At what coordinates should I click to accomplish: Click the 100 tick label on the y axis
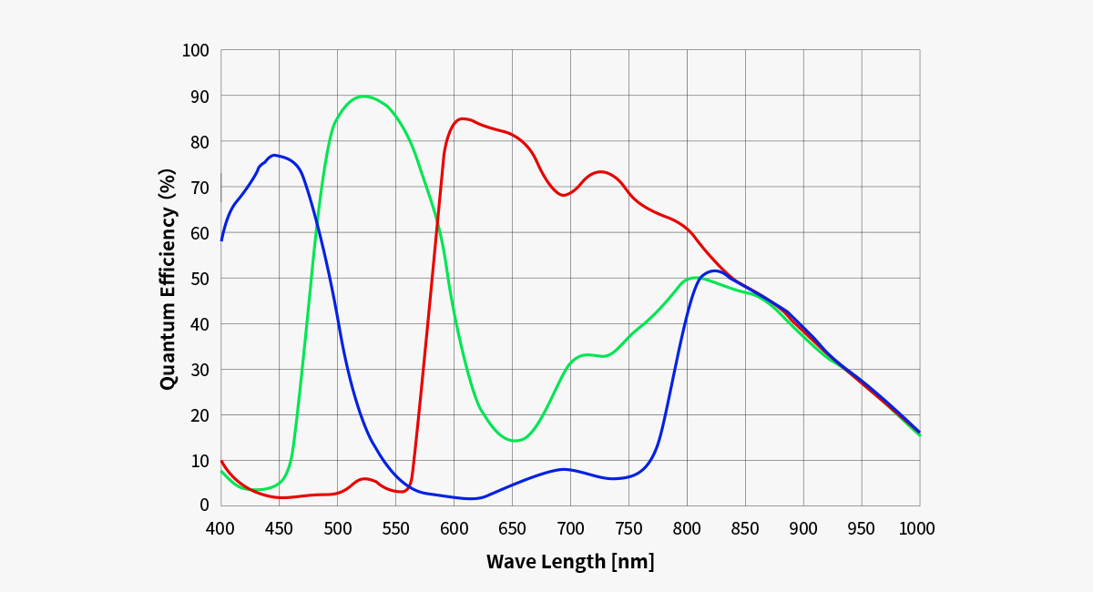point(196,50)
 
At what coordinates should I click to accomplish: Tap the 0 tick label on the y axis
point(204,505)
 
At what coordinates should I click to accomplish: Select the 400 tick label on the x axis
point(221,529)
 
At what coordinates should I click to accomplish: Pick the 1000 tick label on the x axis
point(916,529)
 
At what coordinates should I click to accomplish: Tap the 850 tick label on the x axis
point(745,529)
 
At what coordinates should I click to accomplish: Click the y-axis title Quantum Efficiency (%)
point(168,279)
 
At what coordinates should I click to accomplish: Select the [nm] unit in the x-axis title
point(633,561)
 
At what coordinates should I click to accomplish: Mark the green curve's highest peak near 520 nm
point(363,96)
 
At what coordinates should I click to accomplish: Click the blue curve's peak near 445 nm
point(274,155)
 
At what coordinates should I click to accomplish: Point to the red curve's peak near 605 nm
point(463,118)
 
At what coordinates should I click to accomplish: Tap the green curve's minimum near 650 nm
point(516,441)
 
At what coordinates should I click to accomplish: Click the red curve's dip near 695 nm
point(564,195)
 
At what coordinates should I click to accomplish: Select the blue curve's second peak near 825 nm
point(714,270)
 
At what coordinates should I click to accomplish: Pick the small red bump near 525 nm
point(364,478)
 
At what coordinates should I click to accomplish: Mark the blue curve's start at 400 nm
point(221,240)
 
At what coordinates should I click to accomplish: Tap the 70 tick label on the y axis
point(199,187)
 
